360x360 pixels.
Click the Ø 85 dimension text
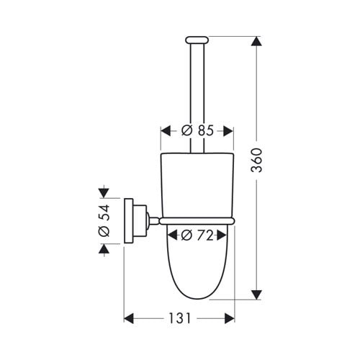[195, 131]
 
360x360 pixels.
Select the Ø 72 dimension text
[196, 234]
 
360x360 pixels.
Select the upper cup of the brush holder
[196, 184]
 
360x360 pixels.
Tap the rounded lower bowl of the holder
[196, 266]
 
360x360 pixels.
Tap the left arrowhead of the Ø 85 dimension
[163, 131]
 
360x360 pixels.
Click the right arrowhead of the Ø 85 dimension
[228, 131]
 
